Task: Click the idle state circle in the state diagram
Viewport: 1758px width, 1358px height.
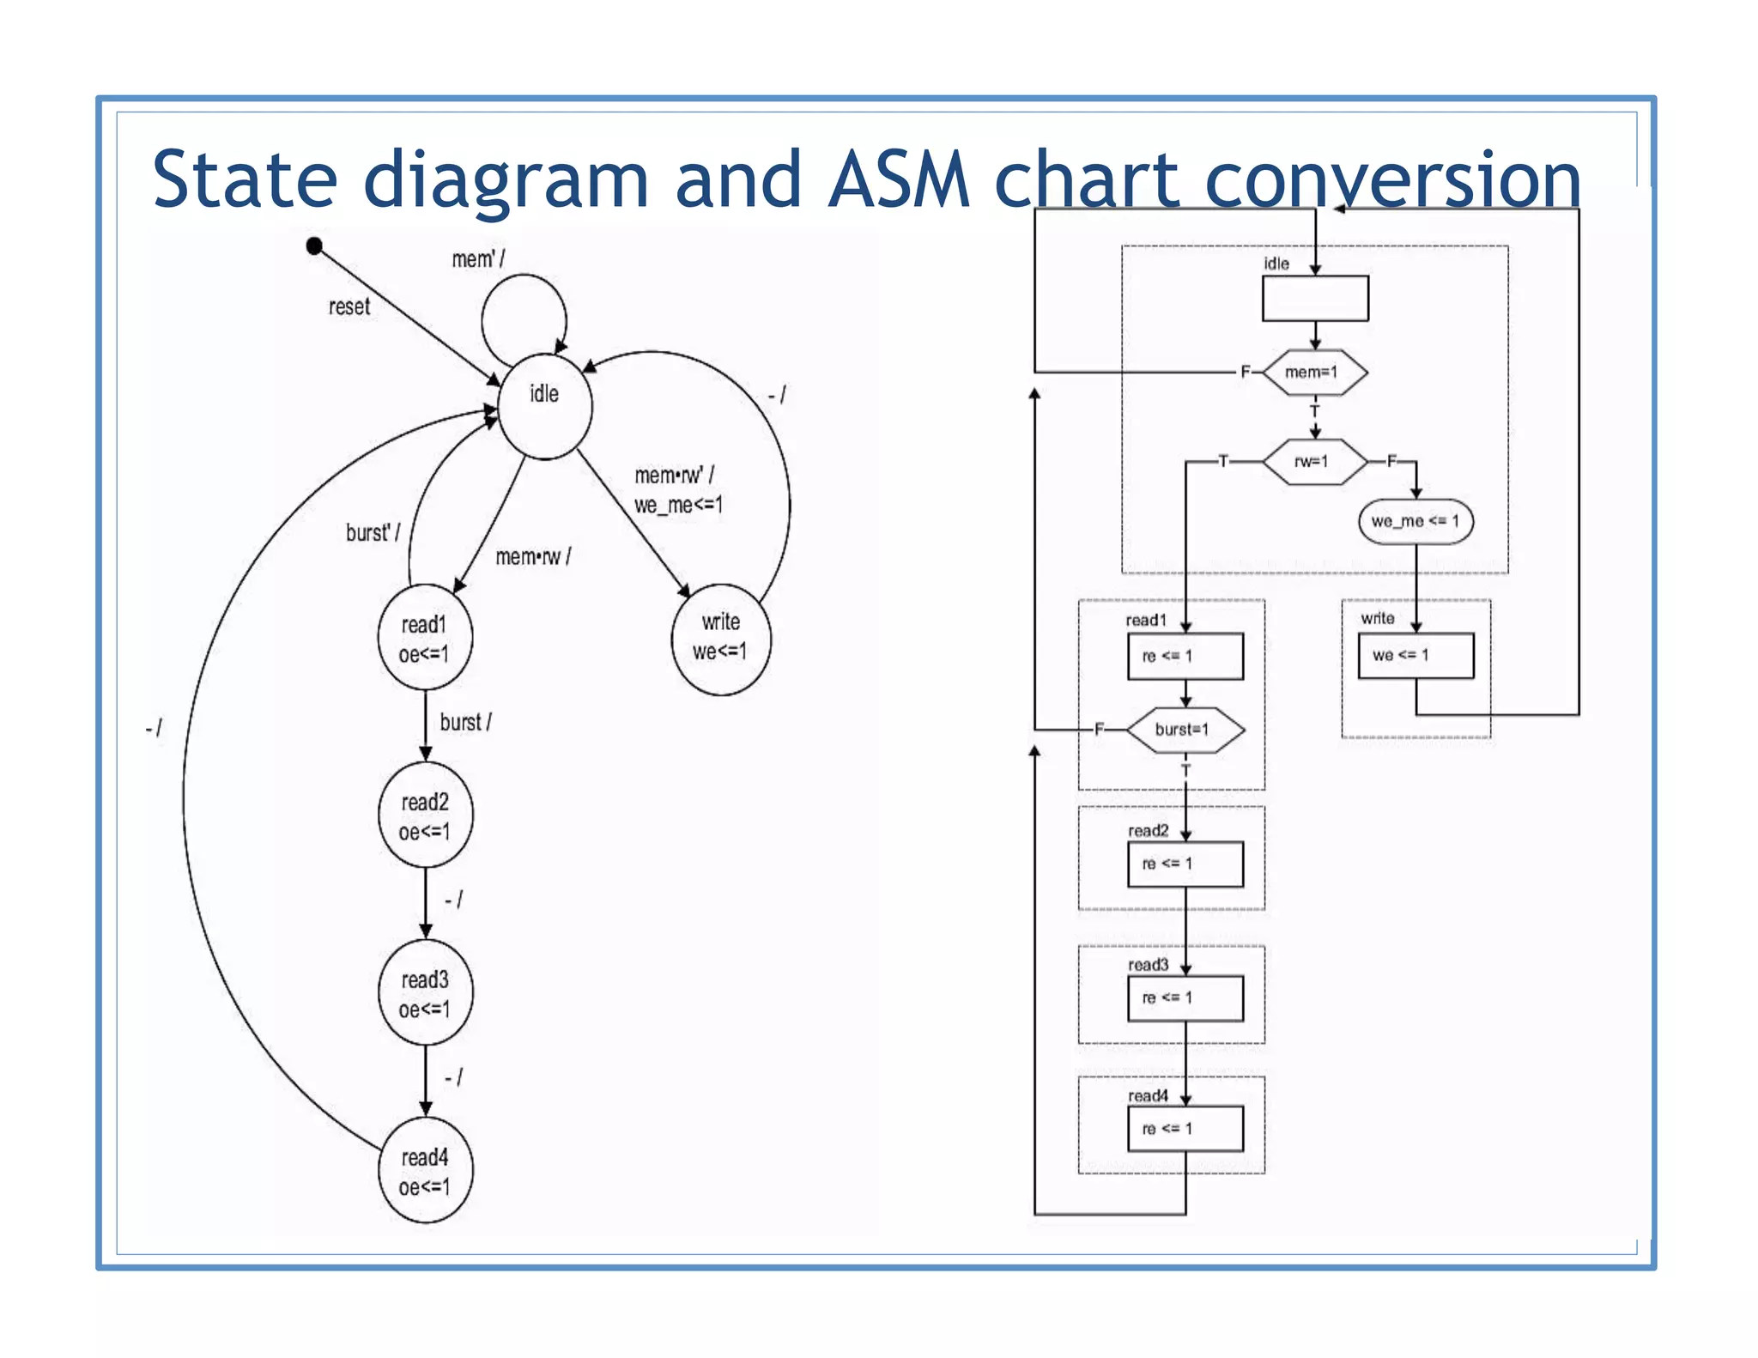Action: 544,406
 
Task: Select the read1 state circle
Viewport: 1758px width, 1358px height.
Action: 425,638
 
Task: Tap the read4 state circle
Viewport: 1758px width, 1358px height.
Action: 425,1171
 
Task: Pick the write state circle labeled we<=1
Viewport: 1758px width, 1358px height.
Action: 720,640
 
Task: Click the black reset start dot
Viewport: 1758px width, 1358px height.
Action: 314,246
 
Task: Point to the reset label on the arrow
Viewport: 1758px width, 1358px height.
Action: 349,306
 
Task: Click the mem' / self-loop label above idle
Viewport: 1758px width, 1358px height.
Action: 478,258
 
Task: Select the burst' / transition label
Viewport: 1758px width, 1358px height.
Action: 373,532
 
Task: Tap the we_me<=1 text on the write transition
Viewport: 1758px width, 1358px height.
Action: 678,505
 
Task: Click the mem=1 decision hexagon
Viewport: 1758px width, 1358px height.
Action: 1314,372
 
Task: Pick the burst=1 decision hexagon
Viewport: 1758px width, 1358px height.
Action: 1185,730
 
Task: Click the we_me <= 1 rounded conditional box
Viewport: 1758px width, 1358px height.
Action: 1415,521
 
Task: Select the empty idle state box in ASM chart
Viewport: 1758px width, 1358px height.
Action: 1314,298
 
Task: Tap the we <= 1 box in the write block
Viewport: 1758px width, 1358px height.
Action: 1415,656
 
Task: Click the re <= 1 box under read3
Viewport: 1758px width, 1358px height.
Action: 1185,998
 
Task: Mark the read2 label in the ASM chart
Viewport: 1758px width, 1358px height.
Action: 1148,831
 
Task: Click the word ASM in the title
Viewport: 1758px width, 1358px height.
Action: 898,179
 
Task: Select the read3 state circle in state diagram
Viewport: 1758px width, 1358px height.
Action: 425,993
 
